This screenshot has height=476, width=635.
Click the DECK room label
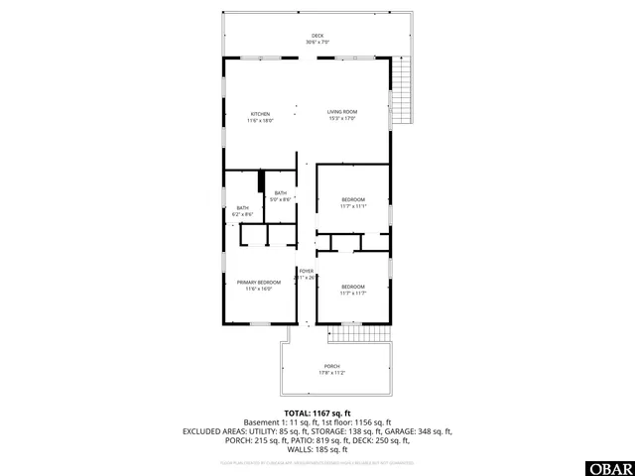[317, 36]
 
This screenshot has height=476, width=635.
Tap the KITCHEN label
[260, 113]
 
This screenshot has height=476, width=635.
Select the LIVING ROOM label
[341, 112]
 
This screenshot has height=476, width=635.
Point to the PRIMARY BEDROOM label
[258, 283]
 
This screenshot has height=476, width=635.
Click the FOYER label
[307, 271]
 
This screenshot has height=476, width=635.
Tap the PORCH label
[331, 366]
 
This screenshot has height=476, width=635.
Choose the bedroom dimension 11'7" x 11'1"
[353, 206]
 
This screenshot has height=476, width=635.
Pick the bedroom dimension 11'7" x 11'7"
[353, 293]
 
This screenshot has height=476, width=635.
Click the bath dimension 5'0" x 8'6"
[280, 199]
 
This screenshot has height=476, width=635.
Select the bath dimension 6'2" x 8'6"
[242, 214]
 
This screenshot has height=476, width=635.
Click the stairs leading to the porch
[354, 333]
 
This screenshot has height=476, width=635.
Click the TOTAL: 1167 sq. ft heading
[317, 413]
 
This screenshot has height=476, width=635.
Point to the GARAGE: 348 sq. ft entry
[418, 431]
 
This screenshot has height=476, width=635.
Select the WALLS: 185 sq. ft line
[317, 449]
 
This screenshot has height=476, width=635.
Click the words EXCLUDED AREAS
[214, 431]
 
